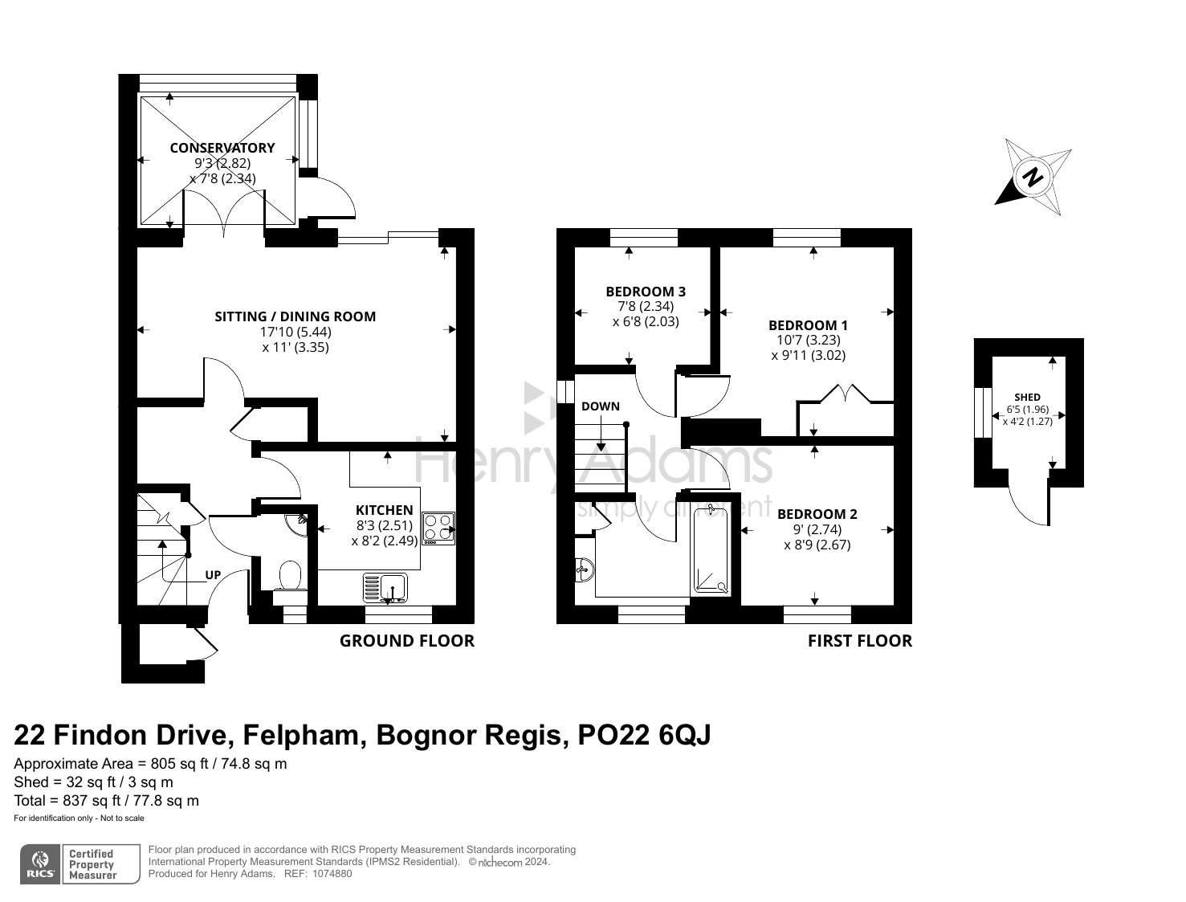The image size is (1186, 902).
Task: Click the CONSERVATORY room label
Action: coord(222,148)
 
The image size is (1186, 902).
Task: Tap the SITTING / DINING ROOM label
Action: coord(295,316)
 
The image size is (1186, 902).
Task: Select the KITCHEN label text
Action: coord(384,510)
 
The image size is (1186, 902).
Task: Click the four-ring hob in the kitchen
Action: coord(438,528)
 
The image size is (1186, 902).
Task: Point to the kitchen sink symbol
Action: coord(385,587)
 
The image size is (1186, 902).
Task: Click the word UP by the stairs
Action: coord(213,575)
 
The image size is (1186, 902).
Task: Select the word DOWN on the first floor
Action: coord(601,406)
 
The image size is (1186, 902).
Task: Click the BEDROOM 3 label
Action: coord(646,292)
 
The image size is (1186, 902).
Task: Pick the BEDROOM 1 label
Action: coord(808,325)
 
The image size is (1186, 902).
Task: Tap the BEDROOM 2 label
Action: coord(817,514)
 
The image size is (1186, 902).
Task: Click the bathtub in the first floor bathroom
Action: coord(711,549)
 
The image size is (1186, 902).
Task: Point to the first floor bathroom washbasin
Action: coord(585,569)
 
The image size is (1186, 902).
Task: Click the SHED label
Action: coord(1027,398)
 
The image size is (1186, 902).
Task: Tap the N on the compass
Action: coord(1034,177)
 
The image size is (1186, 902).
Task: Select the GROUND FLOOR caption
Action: coord(407,641)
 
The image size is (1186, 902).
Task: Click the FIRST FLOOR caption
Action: coord(860,641)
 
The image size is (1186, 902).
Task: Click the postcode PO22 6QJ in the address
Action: coord(644,735)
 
